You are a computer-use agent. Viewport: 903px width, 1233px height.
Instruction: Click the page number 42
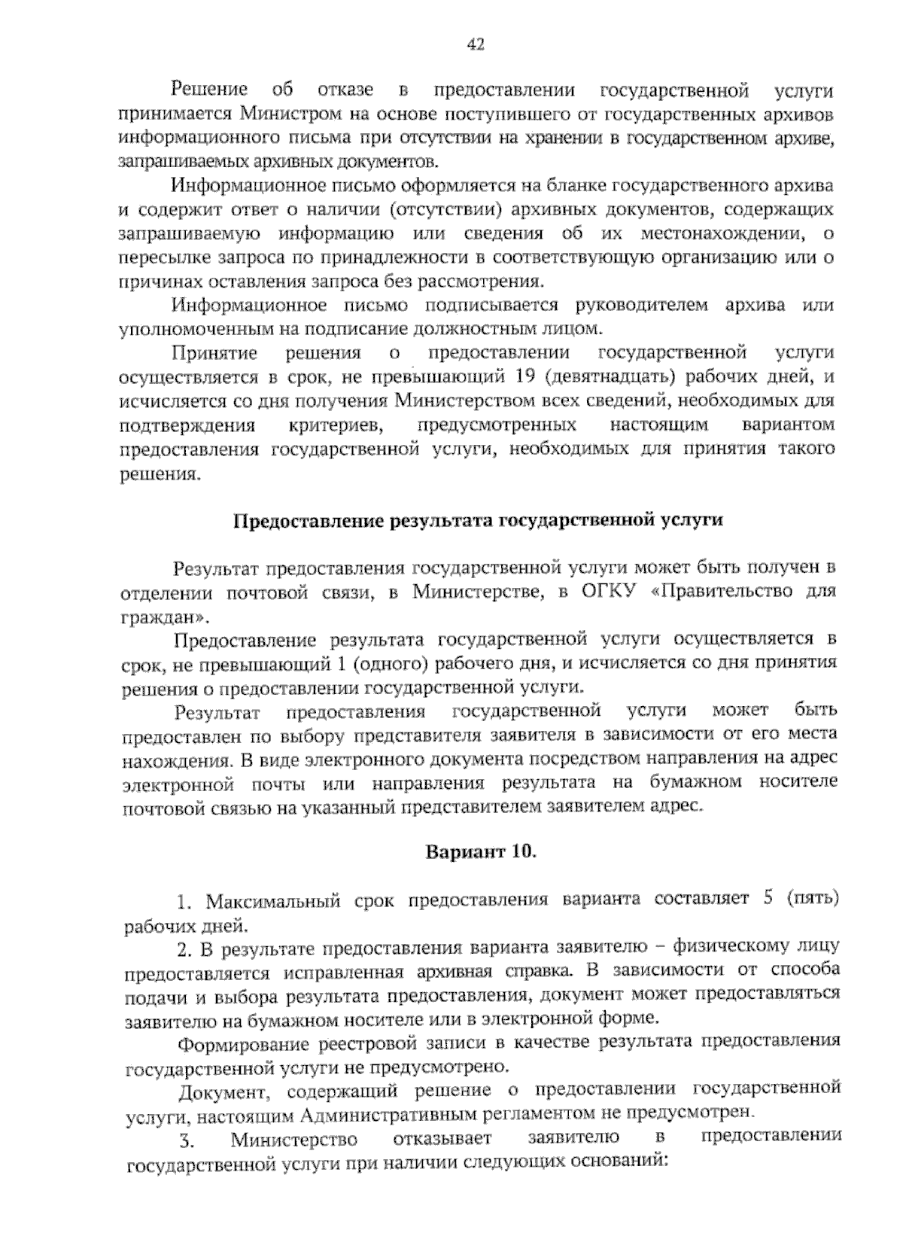coord(475,45)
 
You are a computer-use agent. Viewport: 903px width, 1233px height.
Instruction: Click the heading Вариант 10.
coord(481,852)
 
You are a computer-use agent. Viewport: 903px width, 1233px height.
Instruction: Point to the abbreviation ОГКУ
coord(608,592)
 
